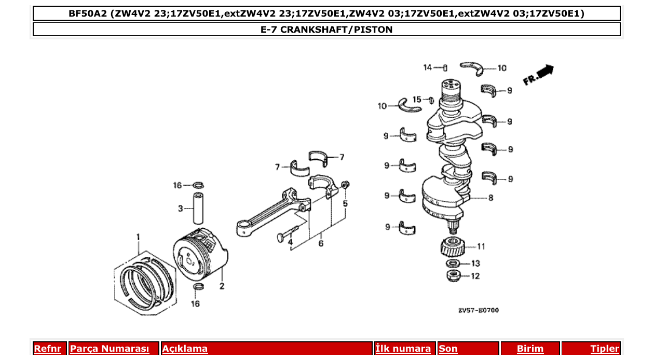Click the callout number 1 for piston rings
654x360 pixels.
[138, 237]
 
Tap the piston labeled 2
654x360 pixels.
[199, 252]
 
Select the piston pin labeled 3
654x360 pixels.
[198, 209]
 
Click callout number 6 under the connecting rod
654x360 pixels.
[321, 243]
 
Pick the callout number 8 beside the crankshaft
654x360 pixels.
[491, 198]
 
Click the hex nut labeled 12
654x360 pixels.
[454, 275]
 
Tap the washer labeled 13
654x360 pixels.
[453, 264]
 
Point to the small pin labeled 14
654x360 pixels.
[445, 67]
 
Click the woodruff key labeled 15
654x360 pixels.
[430, 100]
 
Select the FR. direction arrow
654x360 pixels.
[539, 75]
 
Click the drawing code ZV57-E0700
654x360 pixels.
[478, 310]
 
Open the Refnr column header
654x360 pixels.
[47, 349]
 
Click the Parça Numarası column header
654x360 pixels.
[109, 349]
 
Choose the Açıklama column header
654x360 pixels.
[185, 349]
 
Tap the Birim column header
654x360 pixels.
[530, 349]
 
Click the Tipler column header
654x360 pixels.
[604, 349]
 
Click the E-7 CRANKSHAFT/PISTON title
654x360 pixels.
[326, 30]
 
